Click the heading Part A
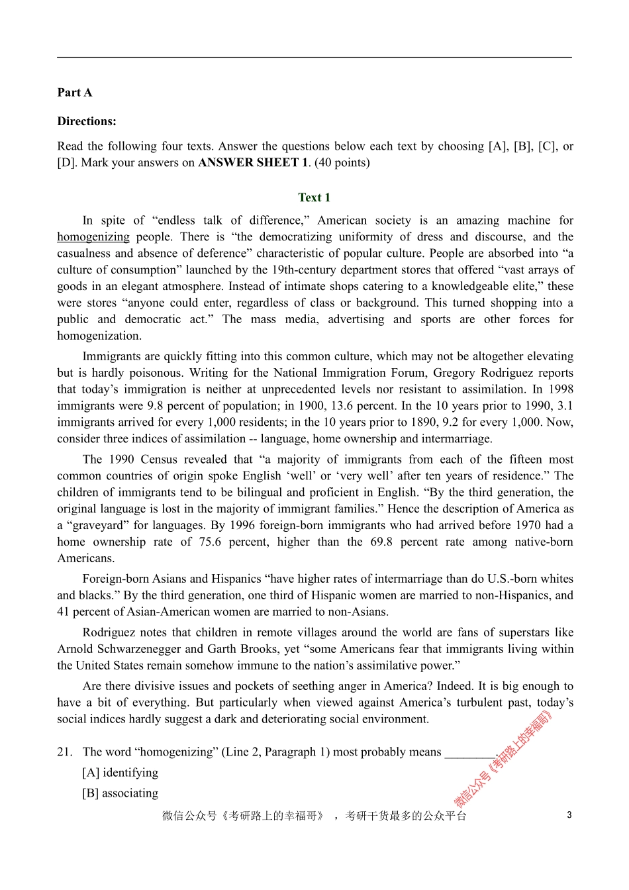75,93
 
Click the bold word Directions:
87,121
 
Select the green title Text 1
314,197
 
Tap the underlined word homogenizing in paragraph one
93,237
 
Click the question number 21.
64,752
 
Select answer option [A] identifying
121,773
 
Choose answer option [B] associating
121,793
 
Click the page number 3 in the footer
569,815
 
